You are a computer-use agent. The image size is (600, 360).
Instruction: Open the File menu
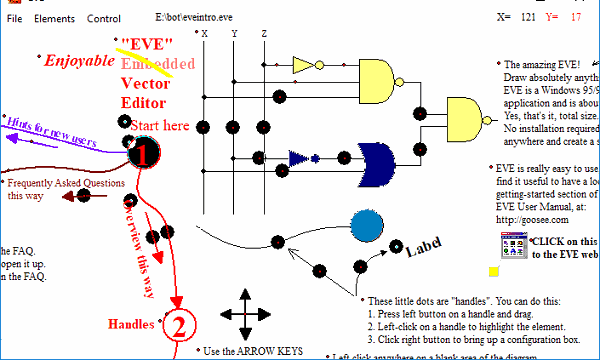[x=15, y=19]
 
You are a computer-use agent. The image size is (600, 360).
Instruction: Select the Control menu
[x=104, y=19]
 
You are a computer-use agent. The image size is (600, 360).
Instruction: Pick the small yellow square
[x=493, y=271]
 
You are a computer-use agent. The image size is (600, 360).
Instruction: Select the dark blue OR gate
[x=376, y=157]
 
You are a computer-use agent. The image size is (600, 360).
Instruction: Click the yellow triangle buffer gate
[x=303, y=66]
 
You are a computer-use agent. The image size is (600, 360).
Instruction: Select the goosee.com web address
[x=528, y=217]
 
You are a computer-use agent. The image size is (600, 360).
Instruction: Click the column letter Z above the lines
[x=264, y=34]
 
